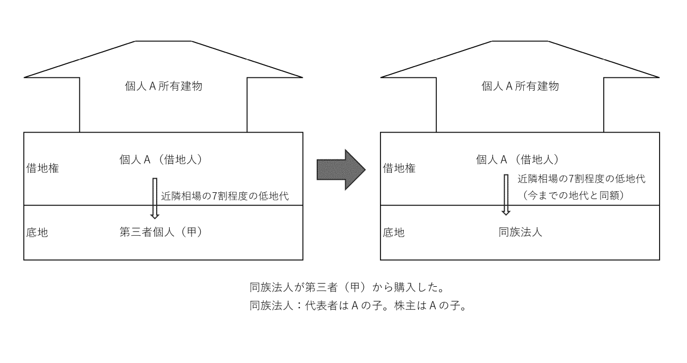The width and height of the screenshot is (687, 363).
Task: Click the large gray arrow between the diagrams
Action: (340, 170)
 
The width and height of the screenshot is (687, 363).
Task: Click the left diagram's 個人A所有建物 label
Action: (163, 86)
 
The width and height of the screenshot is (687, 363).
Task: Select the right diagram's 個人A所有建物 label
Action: (520, 86)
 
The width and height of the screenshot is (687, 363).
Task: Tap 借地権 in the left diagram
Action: (42, 169)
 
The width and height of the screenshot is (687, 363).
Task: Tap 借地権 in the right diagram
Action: (399, 169)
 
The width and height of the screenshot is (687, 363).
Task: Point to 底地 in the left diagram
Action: (37, 233)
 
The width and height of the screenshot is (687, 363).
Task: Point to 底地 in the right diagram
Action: (393, 233)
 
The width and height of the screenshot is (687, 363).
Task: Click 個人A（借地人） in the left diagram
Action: (163, 159)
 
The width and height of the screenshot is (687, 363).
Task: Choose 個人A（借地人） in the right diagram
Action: (519, 159)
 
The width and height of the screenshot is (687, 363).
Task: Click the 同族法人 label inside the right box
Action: (520, 233)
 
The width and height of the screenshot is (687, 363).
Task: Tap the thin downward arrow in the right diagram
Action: (506, 194)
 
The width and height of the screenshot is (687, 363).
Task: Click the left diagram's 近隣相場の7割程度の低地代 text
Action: (225, 196)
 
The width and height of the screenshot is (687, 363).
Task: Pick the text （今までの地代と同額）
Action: (573, 195)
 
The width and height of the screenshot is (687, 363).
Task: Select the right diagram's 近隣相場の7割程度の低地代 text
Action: (581, 179)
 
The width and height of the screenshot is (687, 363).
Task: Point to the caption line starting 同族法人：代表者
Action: (357, 307)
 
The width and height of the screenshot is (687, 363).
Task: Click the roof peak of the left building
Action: (163, 42)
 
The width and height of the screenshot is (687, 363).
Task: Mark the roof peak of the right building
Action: (520, 42)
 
